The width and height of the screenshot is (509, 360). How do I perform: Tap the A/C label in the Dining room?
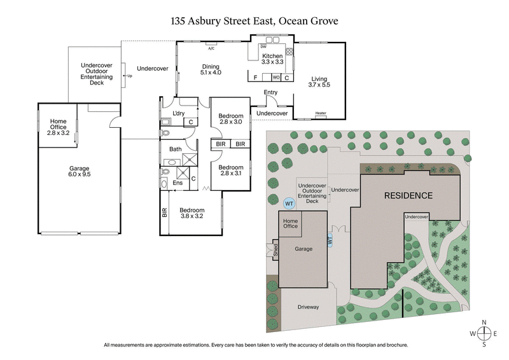(211, 48)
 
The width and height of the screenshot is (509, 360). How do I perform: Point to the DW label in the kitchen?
(263, 46)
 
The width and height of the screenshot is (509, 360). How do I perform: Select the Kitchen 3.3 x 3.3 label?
(272, 59)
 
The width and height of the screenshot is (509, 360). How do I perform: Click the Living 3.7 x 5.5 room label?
(319, 81)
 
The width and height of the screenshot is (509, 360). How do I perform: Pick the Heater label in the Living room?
(321, 114)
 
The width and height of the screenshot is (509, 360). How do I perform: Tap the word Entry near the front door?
(270, 93)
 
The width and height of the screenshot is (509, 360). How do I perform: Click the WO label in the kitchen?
(276, 78)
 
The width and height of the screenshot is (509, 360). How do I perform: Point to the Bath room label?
(175, 149)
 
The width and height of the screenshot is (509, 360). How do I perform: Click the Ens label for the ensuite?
(178, 183)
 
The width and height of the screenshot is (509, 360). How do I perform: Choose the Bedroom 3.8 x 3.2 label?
(192, 213)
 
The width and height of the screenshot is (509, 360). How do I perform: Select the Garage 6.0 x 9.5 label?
(80, 171)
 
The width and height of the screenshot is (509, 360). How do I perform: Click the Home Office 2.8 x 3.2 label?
(58, 127)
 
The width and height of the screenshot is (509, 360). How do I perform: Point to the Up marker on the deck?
(130, 76)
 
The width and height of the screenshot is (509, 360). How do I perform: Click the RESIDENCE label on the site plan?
(408, 196)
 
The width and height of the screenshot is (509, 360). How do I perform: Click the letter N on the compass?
(485, 322)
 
